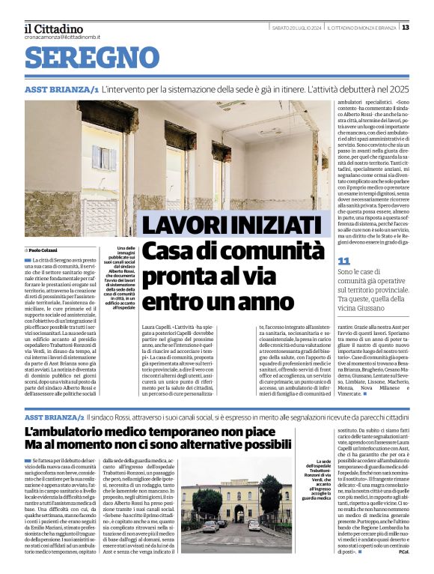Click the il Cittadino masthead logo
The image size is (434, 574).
pyautogui.click(x=53, y=28)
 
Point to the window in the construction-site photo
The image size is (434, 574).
pyautogui.click(x=102, y=158)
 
